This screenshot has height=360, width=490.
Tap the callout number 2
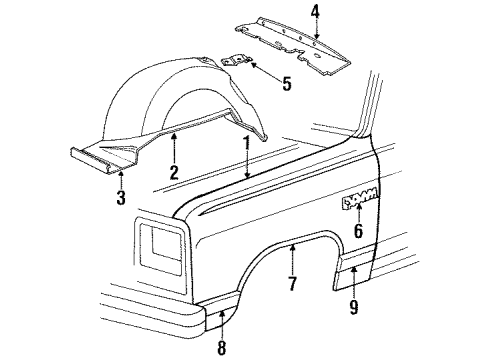(x=173, y=172)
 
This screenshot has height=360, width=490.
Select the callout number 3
(x=121, y=198)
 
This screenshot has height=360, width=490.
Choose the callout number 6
(x=358, y=231)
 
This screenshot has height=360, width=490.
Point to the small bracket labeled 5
(x=237, y=62)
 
